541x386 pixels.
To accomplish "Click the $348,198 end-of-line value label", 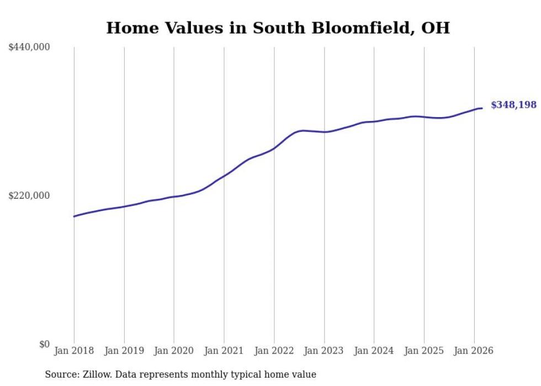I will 513,105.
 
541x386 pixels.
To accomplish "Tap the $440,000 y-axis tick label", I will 29,47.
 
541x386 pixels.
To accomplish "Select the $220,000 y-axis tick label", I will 29,195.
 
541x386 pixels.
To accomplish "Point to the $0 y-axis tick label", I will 44,344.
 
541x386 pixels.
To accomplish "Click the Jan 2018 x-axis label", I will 74,351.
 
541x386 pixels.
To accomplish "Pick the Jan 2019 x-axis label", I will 124,351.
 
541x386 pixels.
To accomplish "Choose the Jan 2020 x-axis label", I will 174,351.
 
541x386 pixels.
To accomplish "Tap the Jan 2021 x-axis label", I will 224,351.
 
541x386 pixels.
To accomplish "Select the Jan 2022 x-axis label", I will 274,351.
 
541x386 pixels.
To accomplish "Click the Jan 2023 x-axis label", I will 324,351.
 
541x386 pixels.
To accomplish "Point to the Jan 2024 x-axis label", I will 374,351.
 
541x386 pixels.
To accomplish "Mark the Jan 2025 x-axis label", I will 424,351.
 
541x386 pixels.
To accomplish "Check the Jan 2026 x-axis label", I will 474,351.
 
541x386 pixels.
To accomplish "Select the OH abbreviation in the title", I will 436,28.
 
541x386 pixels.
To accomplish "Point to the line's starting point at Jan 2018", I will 74,216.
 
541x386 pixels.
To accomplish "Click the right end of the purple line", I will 482,108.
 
